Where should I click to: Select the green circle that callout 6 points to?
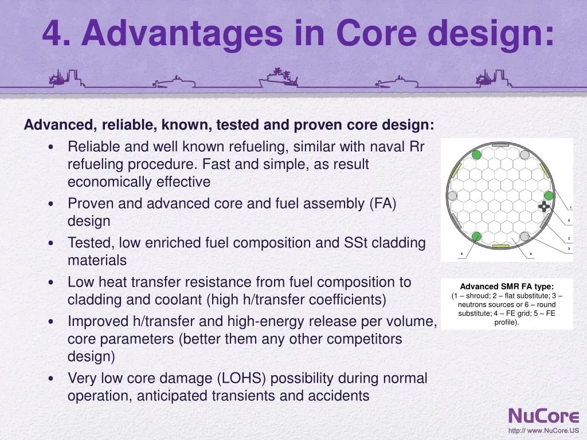tap(476, 235)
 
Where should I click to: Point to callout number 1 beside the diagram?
tap(570, 207)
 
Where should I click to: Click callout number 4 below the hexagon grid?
tap(530, 253)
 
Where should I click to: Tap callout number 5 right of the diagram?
tap(569, 221)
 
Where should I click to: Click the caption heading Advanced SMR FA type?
tap(507, 286)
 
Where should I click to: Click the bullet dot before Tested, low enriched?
tap(52, 243)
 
